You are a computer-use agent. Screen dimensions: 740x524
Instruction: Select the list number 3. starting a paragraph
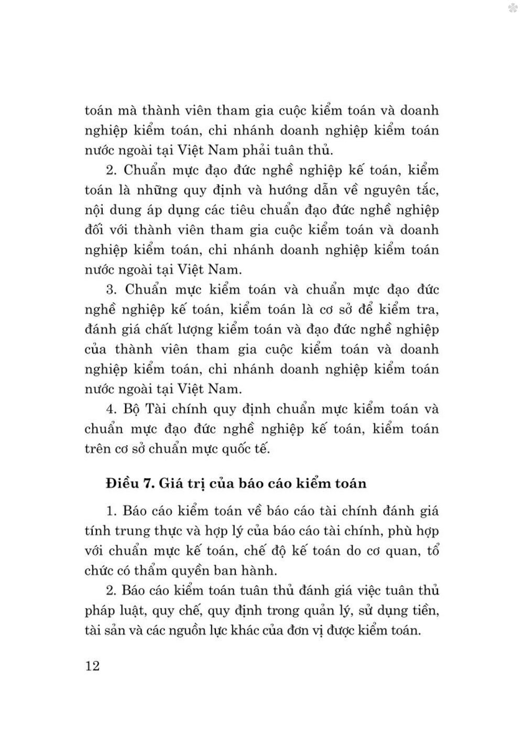(x=111, y=290)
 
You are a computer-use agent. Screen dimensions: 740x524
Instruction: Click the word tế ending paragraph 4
(x=261, y=449)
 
